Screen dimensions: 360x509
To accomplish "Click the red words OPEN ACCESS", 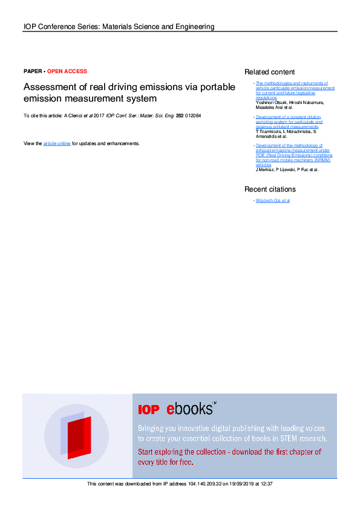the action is pos(67,71).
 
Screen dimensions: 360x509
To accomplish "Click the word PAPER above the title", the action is pos(33,71).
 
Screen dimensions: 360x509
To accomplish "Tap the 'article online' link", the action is pos(57,143).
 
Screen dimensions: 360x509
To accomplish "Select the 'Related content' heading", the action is pos(269,72).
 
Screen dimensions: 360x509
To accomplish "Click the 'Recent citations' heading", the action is pos(270,189).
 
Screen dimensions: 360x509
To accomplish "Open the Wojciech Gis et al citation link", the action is pos(273,200).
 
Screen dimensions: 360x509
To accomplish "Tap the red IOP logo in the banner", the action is pos(148,410).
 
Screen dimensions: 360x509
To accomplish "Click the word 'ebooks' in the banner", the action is pos(189,409).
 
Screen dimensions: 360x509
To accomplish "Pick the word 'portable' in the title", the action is pos(218,87).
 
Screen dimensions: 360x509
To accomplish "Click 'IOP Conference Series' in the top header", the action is pos(60,27).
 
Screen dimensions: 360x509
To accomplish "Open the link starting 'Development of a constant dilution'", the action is pos(289,117).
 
